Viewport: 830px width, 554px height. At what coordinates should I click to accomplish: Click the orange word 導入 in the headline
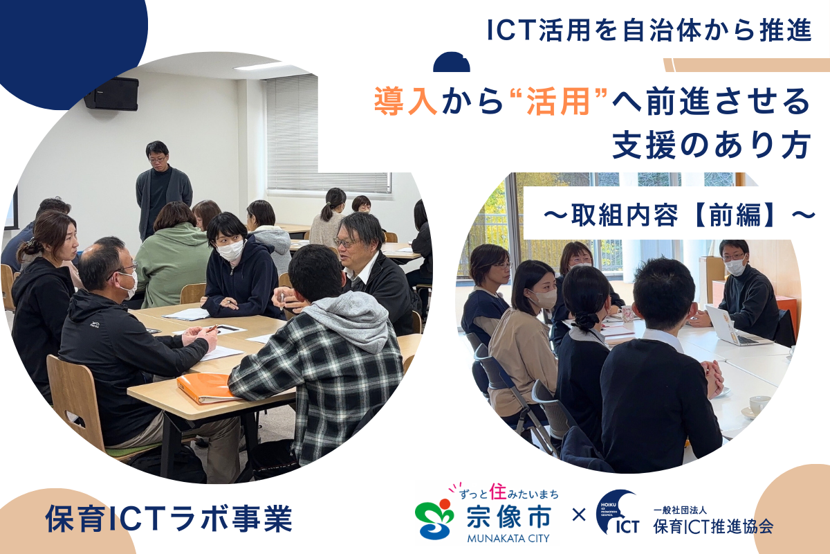point(405,102)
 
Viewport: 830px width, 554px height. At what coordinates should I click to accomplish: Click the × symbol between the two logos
point(579,516)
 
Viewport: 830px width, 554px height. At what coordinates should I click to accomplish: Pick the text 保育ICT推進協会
point(713,526)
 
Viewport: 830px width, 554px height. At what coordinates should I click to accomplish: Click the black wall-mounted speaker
point(111,93)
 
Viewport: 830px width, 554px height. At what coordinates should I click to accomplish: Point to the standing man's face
point(158,156)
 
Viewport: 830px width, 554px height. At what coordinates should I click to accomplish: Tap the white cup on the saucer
point(759,404)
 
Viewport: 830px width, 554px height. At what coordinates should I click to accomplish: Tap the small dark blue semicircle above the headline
point(452,62)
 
